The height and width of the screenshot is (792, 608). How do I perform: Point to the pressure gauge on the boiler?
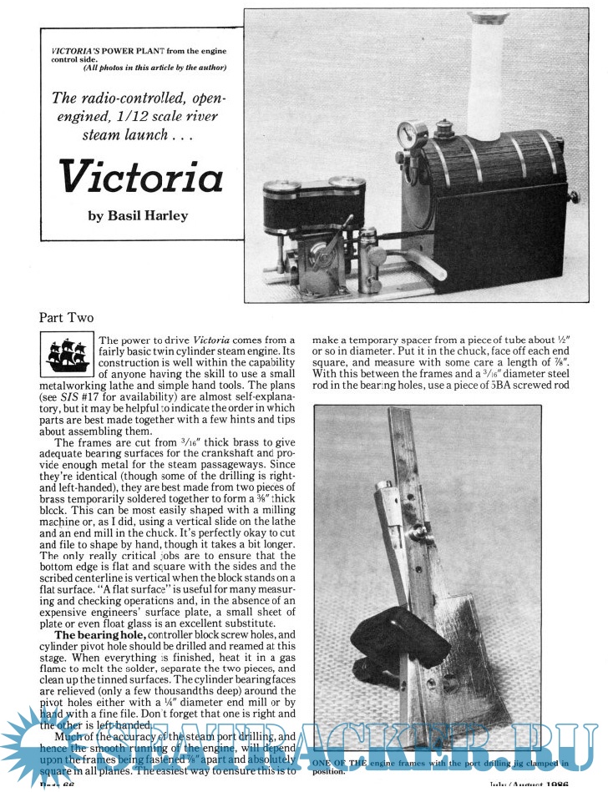tap(408, 136)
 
